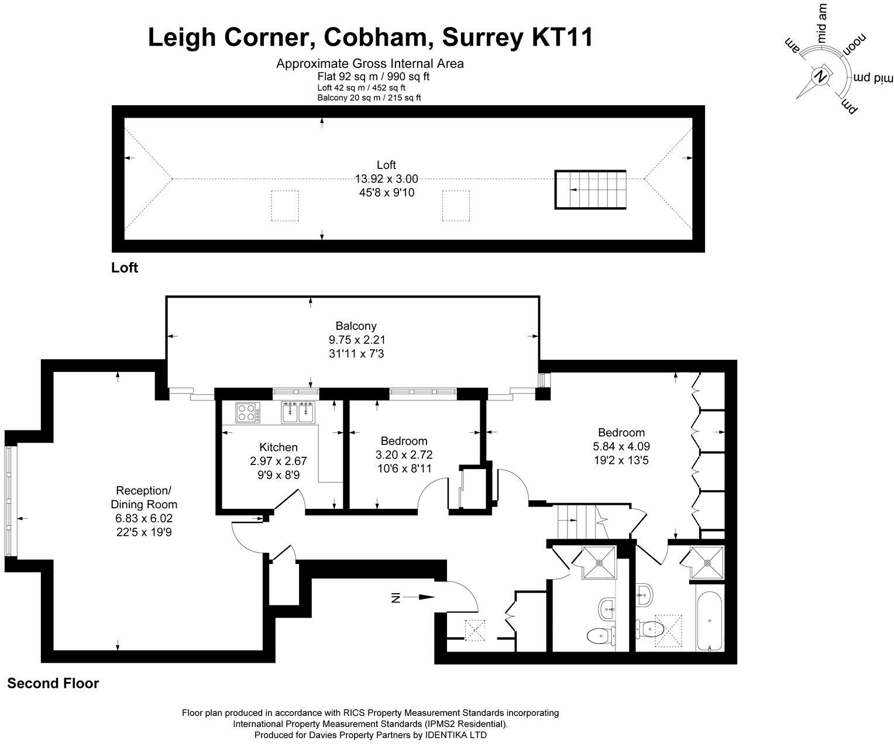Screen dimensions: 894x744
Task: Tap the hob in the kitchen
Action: [x=248, y=412]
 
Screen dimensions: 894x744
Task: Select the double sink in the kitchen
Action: [x=298, y=412]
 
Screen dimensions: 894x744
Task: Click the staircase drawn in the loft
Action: [x=590, y=190]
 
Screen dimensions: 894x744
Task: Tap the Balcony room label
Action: [x=356, y=326]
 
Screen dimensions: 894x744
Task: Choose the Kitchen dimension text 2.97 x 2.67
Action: [x=278, y=461]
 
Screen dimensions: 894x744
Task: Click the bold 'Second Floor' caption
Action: [x=53, y=683]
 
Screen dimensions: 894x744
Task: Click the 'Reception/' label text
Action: [x=144, y=490]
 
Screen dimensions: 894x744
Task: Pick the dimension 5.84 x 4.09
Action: [x=621, y=446]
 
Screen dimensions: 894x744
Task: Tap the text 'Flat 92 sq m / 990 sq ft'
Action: [x=370, y=77]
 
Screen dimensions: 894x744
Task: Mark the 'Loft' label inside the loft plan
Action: [x=386, y=165]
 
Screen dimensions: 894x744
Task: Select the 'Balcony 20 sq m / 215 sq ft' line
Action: [x=369, y=98]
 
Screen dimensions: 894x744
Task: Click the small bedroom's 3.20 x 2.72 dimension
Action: [x=404, y=454]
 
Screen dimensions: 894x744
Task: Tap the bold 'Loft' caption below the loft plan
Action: [x=125, y=268]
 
